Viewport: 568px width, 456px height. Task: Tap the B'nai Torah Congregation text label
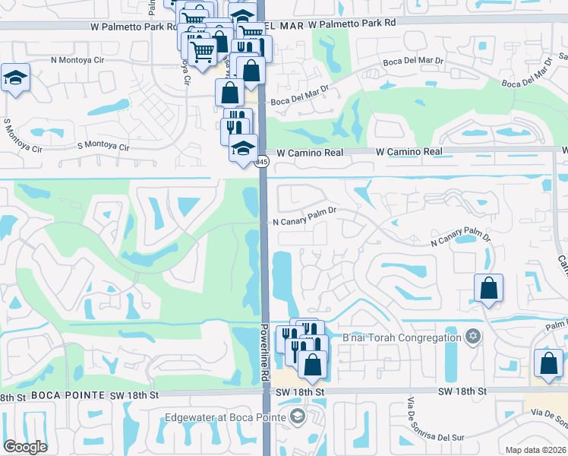point(402,337)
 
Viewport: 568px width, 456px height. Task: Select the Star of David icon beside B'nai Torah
point(473,337)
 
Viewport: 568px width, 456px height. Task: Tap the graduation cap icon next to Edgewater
point(296,416)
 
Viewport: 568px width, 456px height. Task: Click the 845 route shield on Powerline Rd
point(261,162)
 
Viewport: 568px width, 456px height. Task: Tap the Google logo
point(24,447)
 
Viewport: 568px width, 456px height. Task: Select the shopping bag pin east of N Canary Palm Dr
point(488,288)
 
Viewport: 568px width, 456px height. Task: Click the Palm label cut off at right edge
point(557,325)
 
